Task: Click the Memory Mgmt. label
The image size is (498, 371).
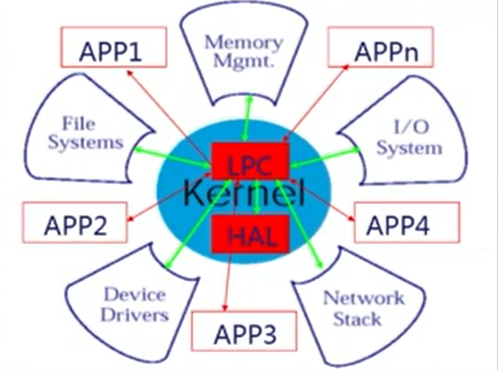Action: [243, 50]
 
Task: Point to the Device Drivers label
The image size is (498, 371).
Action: [135, 304]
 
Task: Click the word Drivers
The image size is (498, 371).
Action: [136, 315]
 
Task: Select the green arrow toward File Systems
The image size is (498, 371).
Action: [171, 155]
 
